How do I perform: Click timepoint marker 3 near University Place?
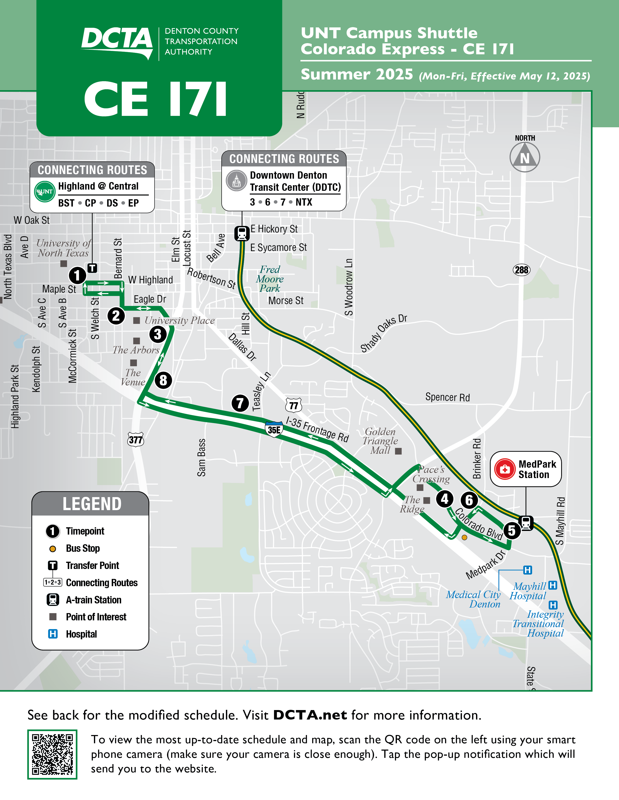coord(158,334)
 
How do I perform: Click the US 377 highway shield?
coord(136,439)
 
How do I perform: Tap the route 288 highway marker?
coord(521,270)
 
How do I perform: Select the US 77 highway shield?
coord(293,405)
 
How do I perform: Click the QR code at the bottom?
coord(52,754)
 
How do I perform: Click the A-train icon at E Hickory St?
coord(242,233)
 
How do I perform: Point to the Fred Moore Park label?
coord(270,279)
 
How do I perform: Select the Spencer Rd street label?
coord(447,397)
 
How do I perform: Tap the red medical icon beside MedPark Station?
coord(505,469)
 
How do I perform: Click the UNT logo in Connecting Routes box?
coord(44,192)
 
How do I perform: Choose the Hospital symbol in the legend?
coord(53,634)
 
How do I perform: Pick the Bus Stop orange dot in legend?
coord(53,549)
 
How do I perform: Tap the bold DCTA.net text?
coord(310,715)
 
